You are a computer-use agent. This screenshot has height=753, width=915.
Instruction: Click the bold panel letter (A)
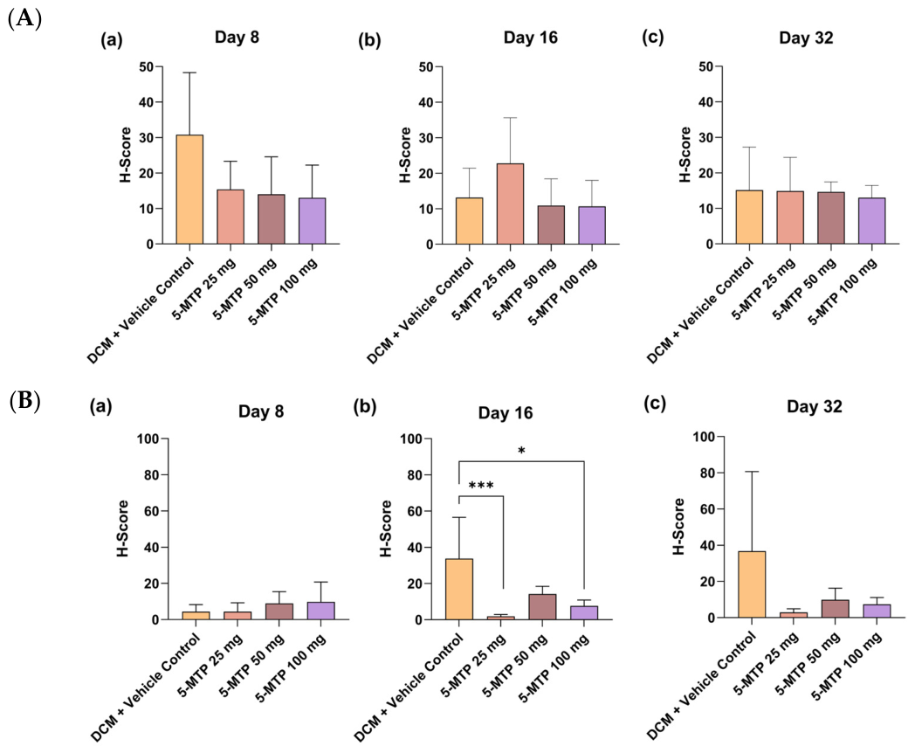coord(24,18)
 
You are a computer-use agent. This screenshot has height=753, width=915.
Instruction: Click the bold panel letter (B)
coord(24,402)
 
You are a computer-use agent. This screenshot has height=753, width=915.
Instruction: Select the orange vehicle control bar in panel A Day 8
coord(189,190)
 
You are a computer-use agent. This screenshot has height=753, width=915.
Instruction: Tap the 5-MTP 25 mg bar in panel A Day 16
coord(510,204)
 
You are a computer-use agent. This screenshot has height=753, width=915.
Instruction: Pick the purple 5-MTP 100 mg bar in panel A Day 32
coord(872,221)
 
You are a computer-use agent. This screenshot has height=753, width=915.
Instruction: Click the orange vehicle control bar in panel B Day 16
coord(459,589)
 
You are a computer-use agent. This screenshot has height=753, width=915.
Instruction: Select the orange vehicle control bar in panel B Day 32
coord(752,584)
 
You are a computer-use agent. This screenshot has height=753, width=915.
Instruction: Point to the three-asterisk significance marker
coord(481,487)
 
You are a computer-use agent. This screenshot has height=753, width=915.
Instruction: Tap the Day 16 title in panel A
coord(531,38)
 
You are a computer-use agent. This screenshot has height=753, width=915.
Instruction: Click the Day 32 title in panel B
coord(814,406)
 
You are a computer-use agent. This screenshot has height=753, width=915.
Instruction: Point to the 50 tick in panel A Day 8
coord(147,66)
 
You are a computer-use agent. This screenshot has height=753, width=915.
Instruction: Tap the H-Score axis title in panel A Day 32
coord(685,155)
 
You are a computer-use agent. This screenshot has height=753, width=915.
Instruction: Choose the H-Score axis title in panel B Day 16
coord(386,528)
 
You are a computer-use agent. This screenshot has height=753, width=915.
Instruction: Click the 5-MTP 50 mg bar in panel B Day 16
coord(542,607)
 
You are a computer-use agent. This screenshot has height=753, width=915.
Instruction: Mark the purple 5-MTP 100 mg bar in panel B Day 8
coord(321,611)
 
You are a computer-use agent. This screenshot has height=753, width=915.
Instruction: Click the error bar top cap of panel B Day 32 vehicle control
coord(752,471)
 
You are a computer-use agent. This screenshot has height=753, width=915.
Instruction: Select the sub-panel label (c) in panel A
coord(653,38)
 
